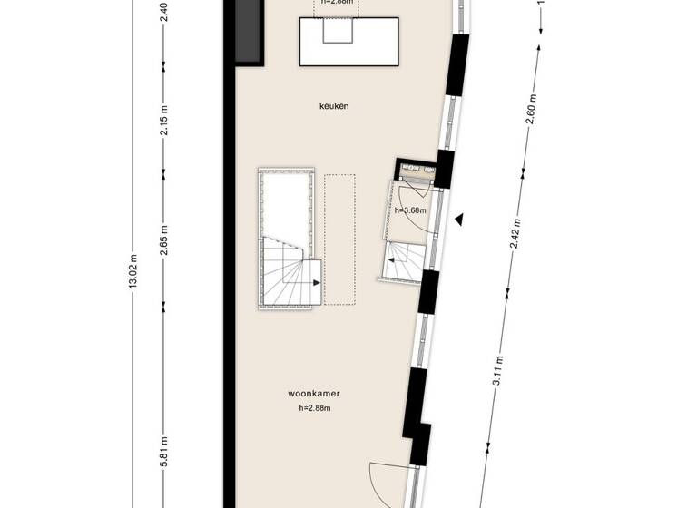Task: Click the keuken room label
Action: [x=334, y=106]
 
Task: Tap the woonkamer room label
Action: [x=313, y=395]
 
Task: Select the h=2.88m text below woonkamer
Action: [x=313, y=408]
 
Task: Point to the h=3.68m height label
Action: [x=410, y=210]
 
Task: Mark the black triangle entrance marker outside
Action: [x=461, y=219]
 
